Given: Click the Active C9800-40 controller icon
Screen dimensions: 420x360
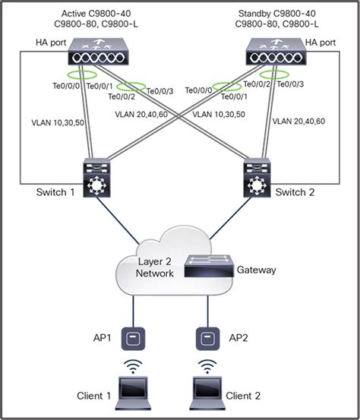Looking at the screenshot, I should (x=99, y=55).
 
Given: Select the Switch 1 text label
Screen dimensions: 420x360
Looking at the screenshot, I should (x=55, y=192).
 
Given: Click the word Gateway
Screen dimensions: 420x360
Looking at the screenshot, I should (x=257, y=270).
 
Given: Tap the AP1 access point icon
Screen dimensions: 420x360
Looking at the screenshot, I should (x=137, y=335).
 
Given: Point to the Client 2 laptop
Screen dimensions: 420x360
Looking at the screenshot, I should (x=207, y=390).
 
